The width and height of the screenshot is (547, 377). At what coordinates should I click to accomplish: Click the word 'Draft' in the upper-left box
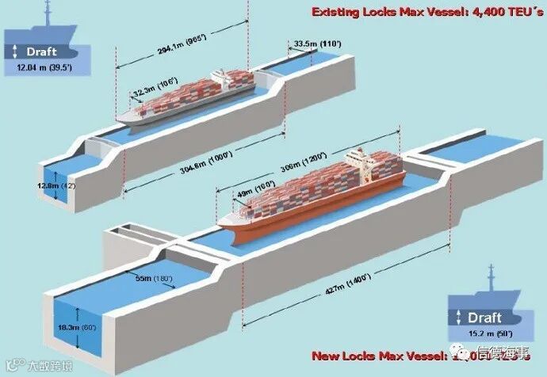41,52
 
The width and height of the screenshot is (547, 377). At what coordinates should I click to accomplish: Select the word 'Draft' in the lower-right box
485,317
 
